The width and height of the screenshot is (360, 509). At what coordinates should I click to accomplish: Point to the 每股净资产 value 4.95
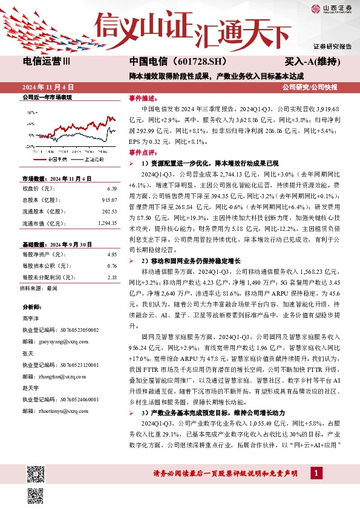tap(111, 255)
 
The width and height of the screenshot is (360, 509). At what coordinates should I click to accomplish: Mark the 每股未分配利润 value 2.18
tap(111, 277)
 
